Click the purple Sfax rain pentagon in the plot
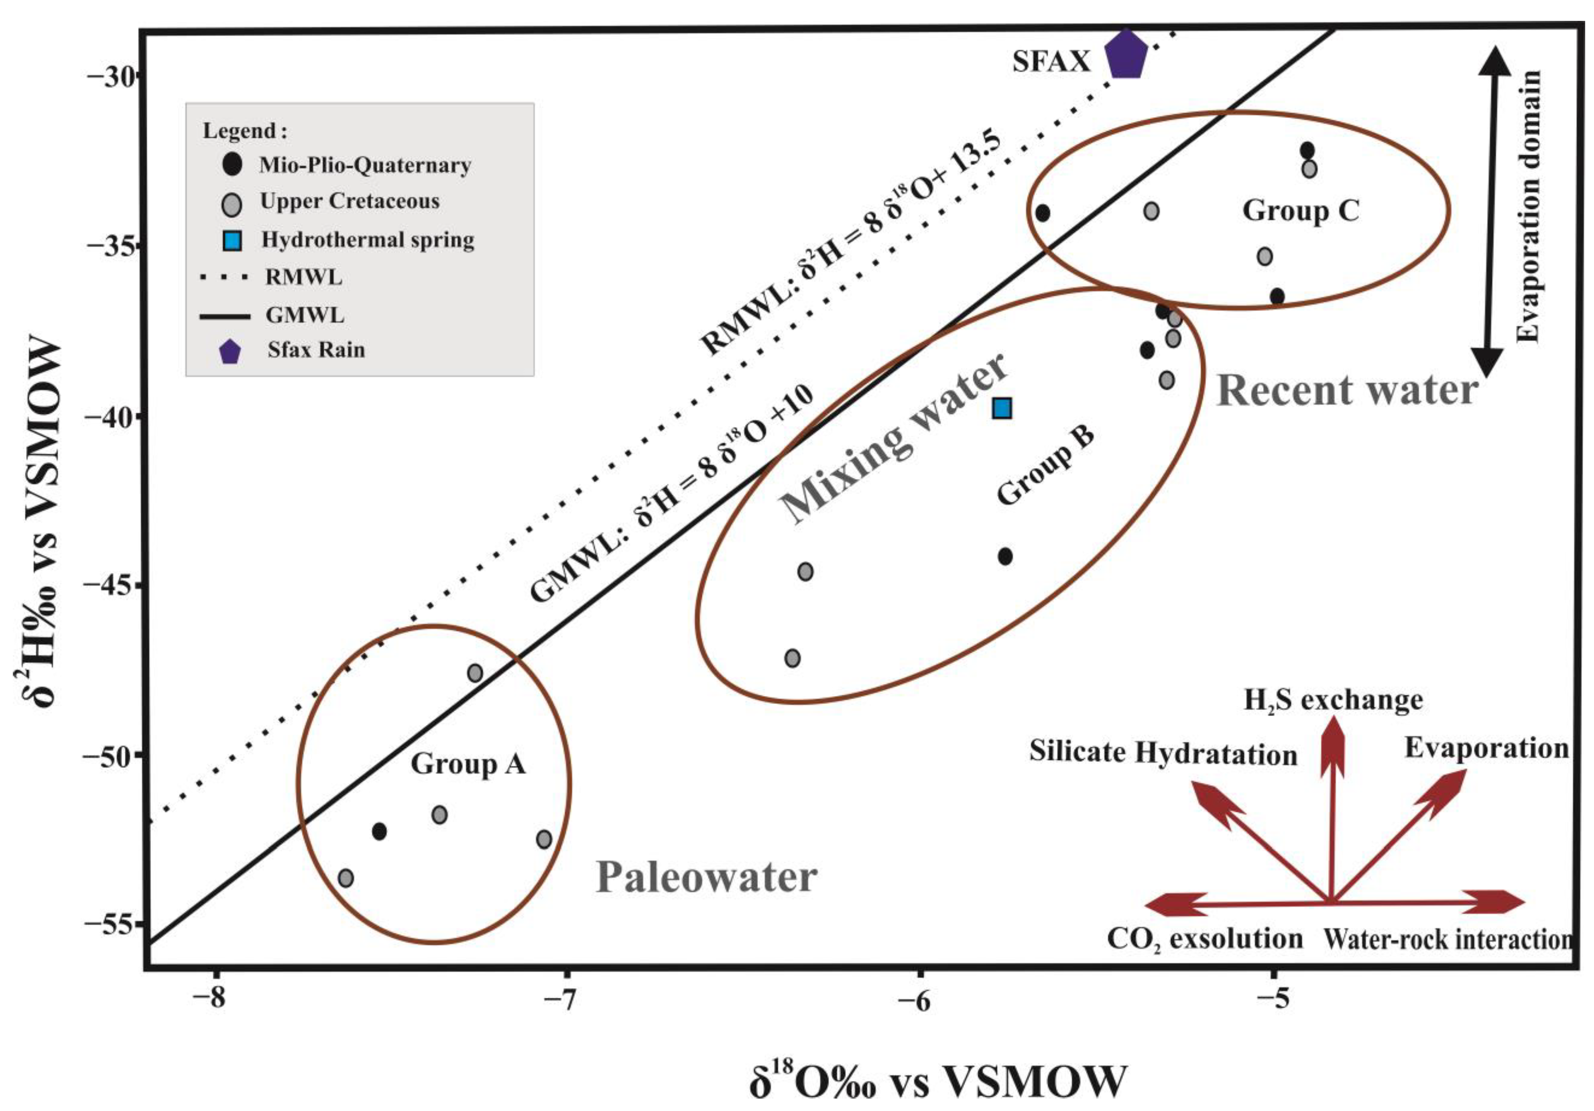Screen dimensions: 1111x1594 (x=1125, y=55)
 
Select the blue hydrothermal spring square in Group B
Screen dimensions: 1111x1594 (x=1002, y=408)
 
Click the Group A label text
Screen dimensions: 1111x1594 (x=468, y=764)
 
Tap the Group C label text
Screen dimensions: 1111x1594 (x=1300, y=210)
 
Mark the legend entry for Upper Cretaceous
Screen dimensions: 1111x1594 (x=349, y=201)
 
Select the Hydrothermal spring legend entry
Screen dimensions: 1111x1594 (x=367, y=240)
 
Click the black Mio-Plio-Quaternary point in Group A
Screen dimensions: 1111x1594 (x=379, y=831)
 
